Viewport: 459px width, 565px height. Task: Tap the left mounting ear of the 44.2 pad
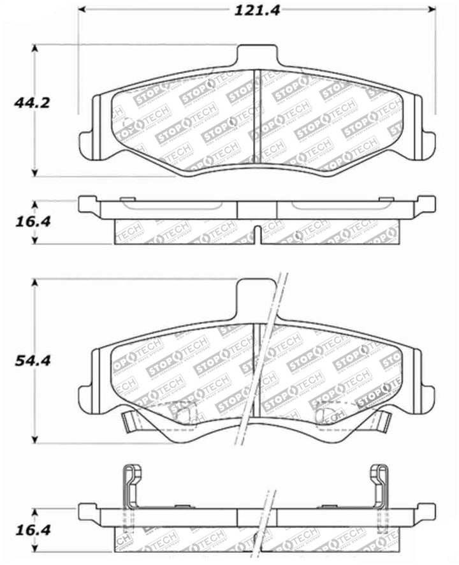(89, 142)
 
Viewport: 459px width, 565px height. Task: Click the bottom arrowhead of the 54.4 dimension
(35, 440)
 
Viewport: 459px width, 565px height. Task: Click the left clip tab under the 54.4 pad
(129, 422)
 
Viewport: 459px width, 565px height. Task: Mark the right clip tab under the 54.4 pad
(383, 420)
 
